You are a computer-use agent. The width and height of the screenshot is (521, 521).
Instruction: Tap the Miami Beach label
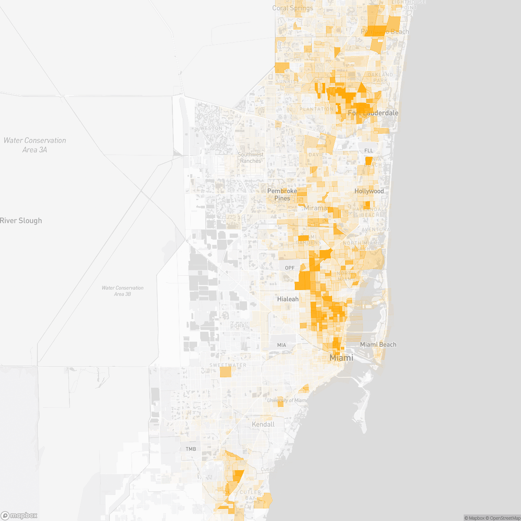[378, 344]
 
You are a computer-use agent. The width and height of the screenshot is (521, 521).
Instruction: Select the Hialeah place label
[288, 299]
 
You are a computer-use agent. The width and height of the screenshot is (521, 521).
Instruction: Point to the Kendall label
[263, 424]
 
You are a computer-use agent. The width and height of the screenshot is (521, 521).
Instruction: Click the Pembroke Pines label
[282, 195]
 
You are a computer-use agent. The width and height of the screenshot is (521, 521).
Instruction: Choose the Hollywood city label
[369, 191]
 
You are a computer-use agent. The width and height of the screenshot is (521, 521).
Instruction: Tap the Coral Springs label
[293, 8]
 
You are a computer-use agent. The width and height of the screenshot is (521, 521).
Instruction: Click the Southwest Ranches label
[251, 158]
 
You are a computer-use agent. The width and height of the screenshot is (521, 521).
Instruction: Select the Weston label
[211, 129]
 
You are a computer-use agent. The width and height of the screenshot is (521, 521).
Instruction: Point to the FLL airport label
[369, 151]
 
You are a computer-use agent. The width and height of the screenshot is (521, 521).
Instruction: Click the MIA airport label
[282, 345]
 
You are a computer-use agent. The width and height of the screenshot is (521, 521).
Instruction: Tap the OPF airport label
[290, 268]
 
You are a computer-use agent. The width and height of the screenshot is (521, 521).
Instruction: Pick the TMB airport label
[191, 449]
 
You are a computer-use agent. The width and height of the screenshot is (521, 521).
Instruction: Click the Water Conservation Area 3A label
[35, 145]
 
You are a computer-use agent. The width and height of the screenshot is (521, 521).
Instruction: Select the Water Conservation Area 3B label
[122, 291]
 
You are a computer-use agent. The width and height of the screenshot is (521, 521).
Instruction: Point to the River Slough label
[21, 221]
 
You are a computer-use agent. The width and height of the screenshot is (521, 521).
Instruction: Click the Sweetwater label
[228, 365]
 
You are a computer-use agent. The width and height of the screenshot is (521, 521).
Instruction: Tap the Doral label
[239, 326]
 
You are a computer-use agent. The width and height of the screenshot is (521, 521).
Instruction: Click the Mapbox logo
[19, 515]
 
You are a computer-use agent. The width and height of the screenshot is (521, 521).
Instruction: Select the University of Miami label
[287, 400]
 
